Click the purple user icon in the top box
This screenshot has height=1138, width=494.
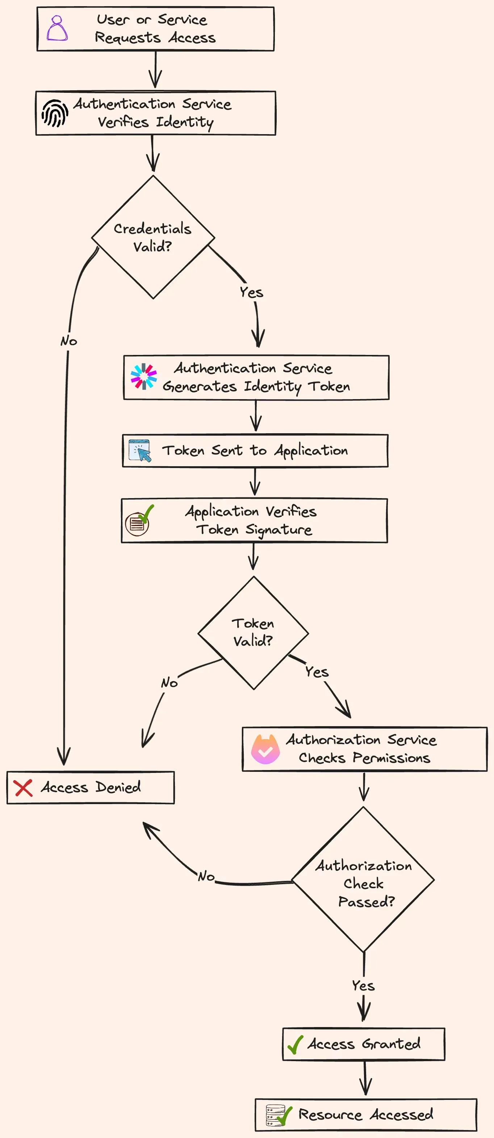point(57,28)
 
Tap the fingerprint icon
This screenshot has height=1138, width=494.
point(55,113)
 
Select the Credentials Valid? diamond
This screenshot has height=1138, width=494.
point(153,237)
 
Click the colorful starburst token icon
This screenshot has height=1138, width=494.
point(143,376)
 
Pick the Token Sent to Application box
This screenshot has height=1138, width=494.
point(255,451)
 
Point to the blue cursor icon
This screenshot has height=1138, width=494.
point(140,451)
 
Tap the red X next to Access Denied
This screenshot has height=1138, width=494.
point(23,788)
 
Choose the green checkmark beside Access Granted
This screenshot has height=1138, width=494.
point(295,1045)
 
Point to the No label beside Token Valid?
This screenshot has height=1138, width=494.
point(169,683)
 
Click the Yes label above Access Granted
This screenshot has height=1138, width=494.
point(363,986)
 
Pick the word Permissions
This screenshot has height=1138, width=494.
point(391,758)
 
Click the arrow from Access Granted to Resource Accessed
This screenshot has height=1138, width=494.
point(365,1079)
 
